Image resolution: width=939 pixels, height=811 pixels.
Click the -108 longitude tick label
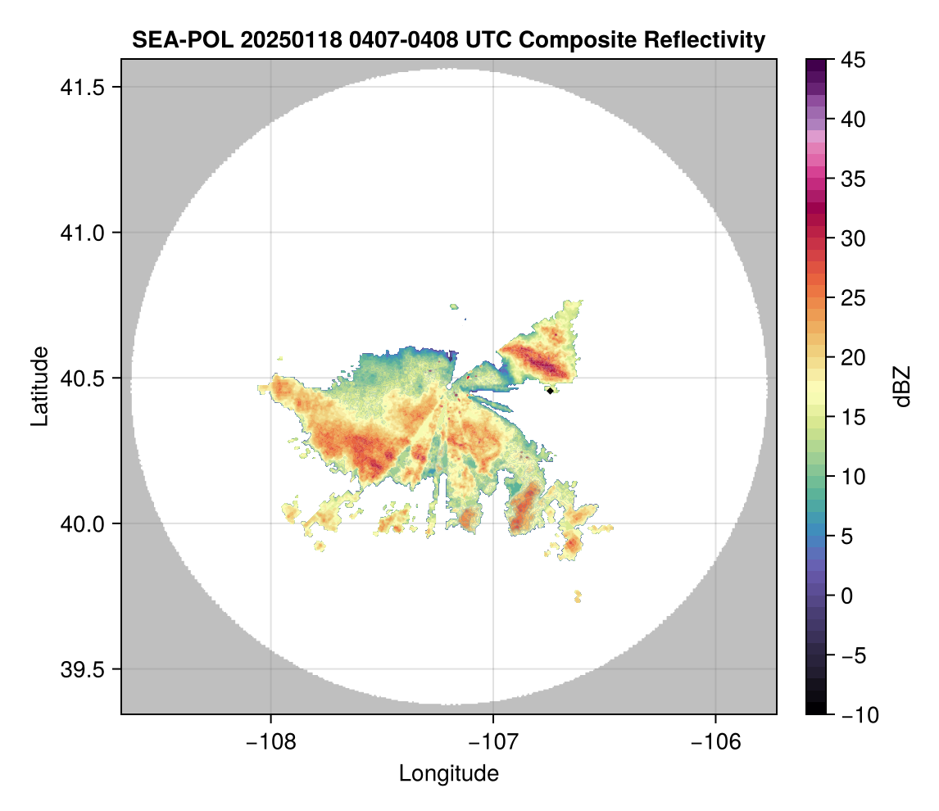click(270, 742)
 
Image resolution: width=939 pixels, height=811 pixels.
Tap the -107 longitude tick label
click(493, 742)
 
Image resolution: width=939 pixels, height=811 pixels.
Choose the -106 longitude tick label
click(716, 742)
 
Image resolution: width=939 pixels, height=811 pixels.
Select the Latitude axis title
click(39, 386)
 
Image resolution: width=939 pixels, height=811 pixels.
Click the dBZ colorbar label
click(902, 387)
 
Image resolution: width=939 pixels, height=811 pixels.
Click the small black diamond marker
click(550, 391)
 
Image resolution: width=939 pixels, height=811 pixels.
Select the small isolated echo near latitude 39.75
click(578, 596)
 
